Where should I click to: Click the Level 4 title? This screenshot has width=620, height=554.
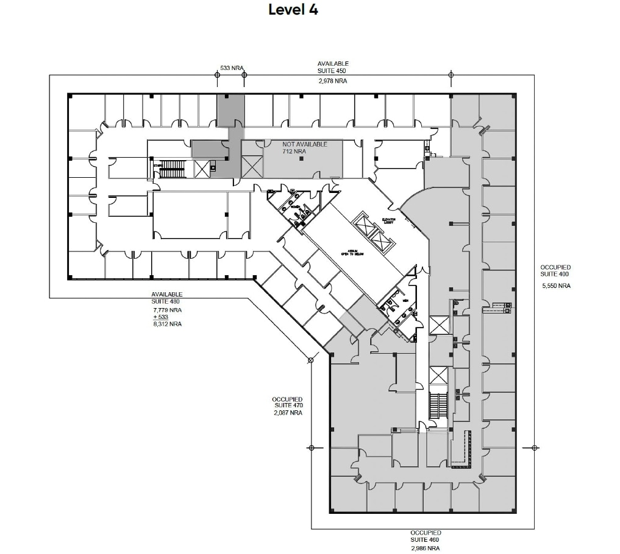coord(293,10)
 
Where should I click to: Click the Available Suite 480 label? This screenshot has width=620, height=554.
coord(166,298)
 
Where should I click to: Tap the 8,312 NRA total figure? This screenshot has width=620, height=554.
coord(167,324)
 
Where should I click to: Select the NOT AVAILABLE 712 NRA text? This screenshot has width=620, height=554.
coord(304,148)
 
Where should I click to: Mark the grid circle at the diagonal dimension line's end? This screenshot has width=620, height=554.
coord(310,360)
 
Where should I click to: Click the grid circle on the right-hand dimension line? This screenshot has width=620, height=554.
coord(535,447)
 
